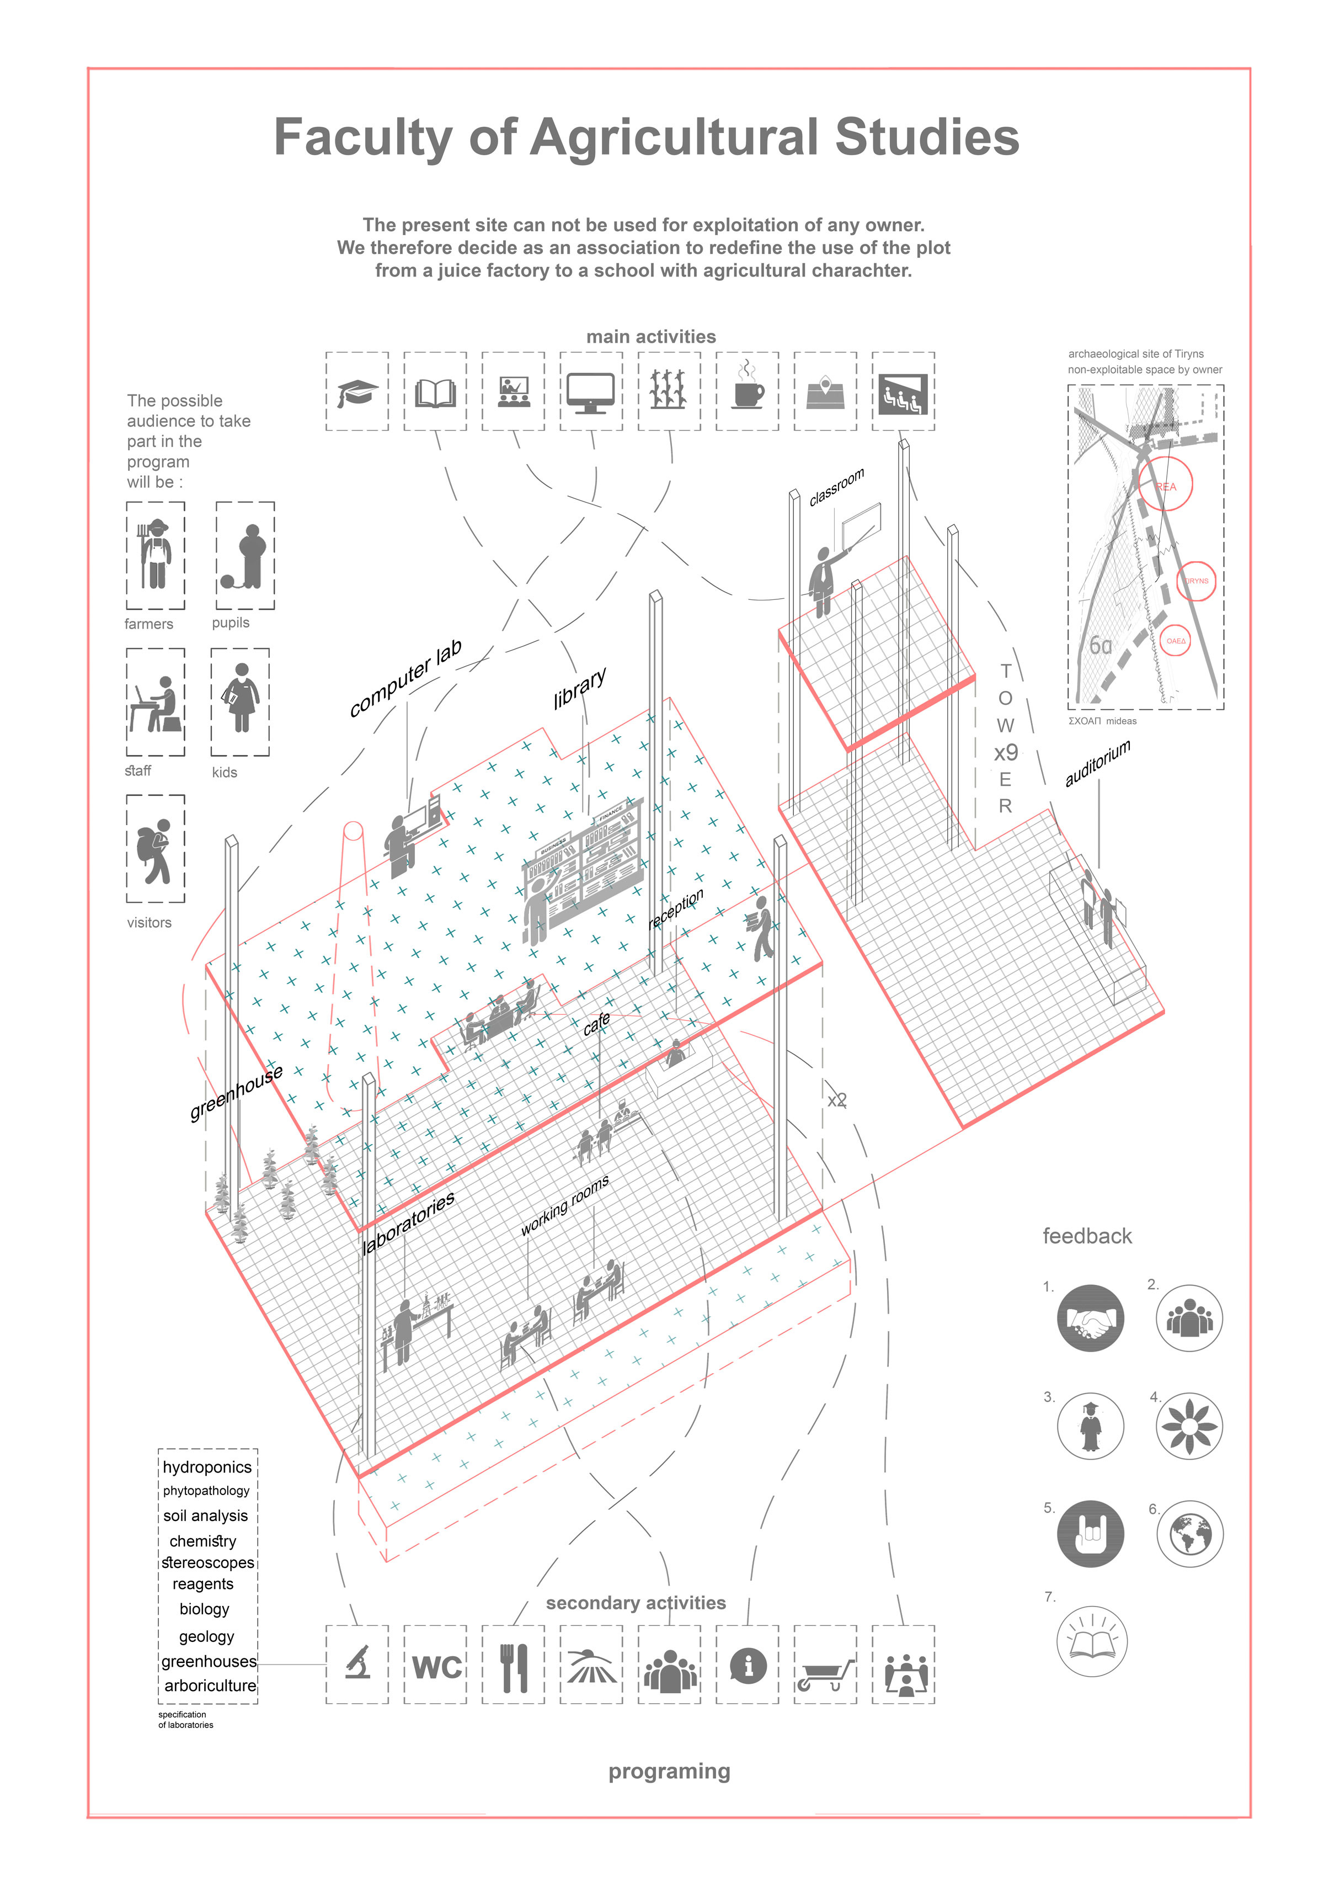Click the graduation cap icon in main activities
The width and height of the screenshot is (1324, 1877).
click(x=357, y=392)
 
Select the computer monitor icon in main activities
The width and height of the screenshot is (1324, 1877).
click(x=591, y=392)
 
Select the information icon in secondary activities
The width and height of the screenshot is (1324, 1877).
click(x=748, y=1665)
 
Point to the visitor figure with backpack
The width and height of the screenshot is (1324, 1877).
click(x=155, y=850)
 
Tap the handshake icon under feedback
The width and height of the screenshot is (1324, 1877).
click(x=1090, y=1318)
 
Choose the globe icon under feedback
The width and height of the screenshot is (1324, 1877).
click(x=1190, y=1534)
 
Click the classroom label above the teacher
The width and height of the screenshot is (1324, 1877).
click(x=836, y=487)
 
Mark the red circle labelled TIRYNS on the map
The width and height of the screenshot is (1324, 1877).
click(x=1195, y=581)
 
